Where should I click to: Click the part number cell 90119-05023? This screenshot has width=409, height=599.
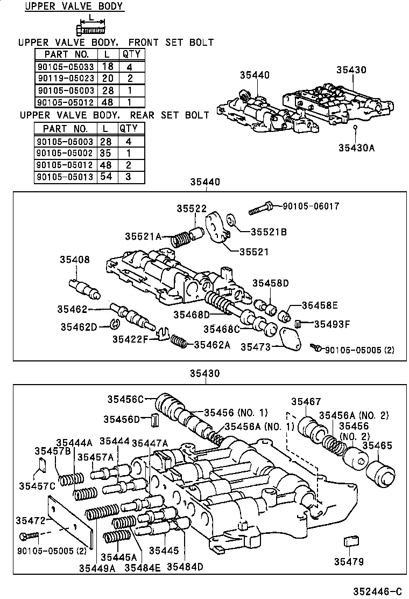[65, 78]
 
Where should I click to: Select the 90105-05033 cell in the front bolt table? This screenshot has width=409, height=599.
[65, 66]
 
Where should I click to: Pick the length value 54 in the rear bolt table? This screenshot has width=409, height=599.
[106, 177]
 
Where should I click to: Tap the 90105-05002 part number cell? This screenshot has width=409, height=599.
[65, 153]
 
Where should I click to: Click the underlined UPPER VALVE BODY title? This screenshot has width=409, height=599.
[74, 7]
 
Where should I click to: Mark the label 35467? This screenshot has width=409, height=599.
[306, 401]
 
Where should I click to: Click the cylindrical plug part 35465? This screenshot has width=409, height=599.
[379, 474]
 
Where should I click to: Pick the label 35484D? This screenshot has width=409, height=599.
[185, 566]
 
